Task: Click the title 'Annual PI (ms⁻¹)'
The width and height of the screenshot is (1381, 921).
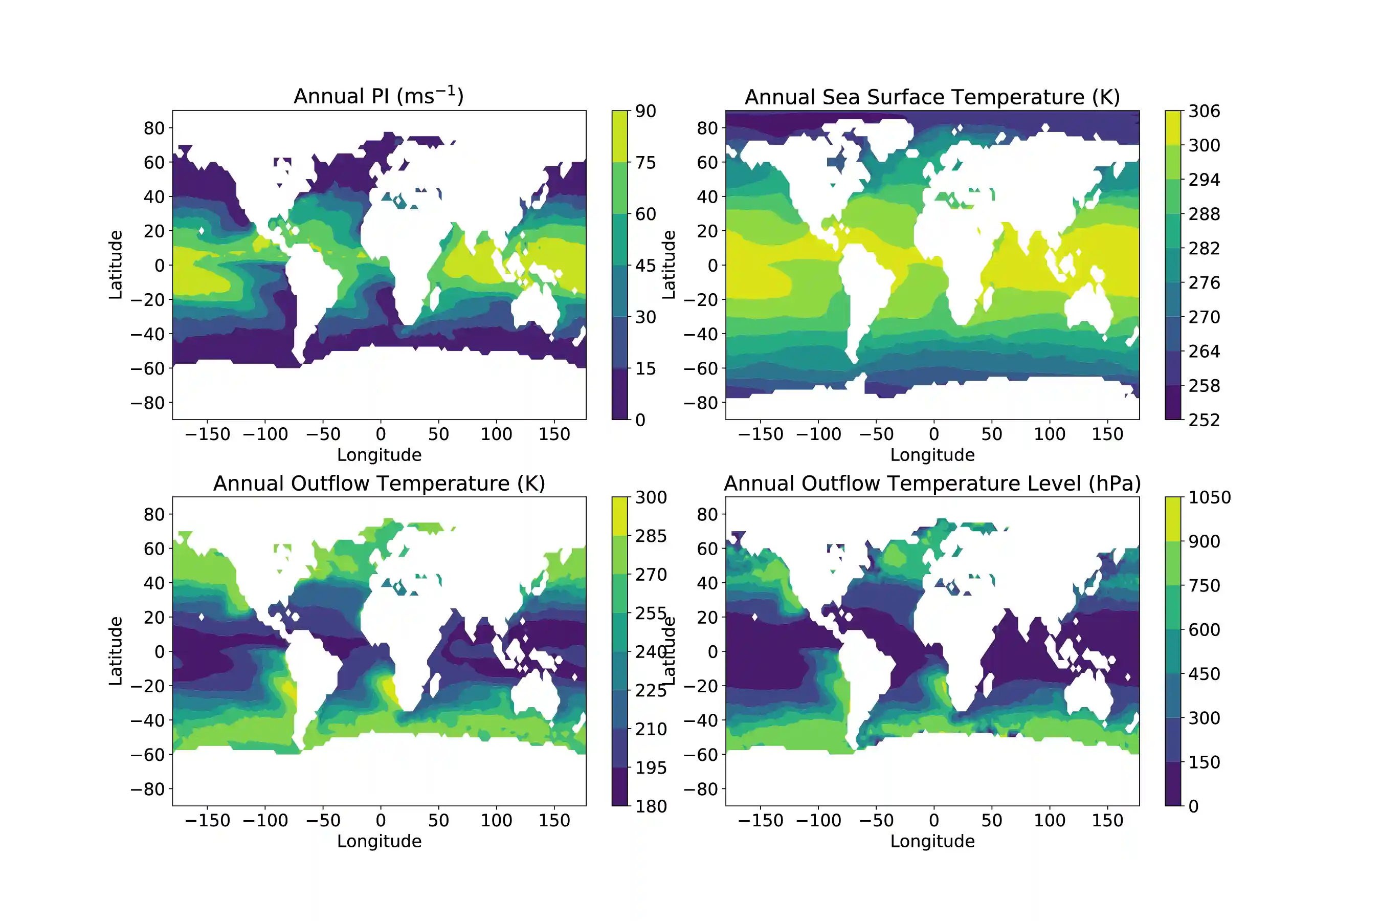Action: [378, 96]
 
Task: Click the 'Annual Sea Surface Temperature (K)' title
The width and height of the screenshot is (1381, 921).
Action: [932, 97]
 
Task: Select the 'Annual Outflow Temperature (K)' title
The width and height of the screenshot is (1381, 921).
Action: [378, 484]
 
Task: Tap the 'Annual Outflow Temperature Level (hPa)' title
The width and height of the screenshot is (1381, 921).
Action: [932, 484]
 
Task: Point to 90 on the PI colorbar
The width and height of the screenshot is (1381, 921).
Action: [645, 111]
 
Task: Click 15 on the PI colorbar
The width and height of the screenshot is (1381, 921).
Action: [645, 369]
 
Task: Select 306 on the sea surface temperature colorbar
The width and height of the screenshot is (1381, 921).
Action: [1204, 111]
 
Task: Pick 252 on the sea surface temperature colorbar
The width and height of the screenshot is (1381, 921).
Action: [1204, 420]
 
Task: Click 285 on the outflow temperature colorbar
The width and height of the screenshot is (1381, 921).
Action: [651, 536]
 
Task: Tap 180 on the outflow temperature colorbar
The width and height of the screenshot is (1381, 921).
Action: [651, 806]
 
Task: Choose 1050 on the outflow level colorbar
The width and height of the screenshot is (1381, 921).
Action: [1209, 497]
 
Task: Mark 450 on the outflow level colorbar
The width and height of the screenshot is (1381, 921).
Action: [1204, 674]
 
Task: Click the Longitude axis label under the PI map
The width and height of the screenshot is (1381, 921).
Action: [378, 455]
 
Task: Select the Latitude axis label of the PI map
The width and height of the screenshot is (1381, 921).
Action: [116, 265]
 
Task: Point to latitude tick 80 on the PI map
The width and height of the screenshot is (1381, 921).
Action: [154, 128]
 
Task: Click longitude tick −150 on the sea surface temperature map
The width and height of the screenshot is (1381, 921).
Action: [761, 434]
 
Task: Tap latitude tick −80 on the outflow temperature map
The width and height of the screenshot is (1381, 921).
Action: [148, 790]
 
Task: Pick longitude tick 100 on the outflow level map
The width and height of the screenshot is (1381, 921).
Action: [1049, 821]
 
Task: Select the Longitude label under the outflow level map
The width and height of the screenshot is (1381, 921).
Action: [932, 841]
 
